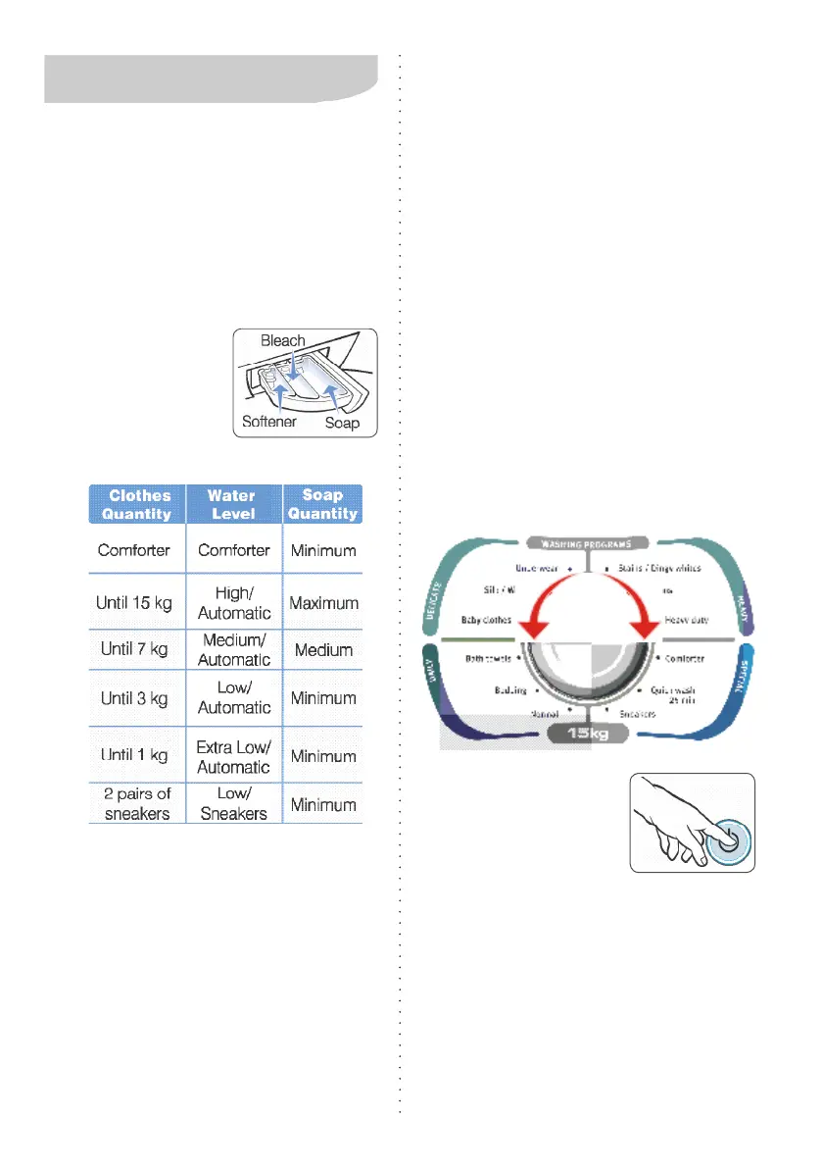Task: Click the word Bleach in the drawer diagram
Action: [282, 341]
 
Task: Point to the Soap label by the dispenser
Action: [342, 424]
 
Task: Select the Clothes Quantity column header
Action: [137, 504]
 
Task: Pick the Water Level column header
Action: [233, 504]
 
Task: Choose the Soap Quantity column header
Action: [323, 504]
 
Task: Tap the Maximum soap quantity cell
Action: [323, 603]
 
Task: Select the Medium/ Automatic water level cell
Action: [233, 650]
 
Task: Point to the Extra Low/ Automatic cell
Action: [233, 756]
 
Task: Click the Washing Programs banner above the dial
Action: [586, 542]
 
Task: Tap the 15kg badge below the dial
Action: [587, 734]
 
